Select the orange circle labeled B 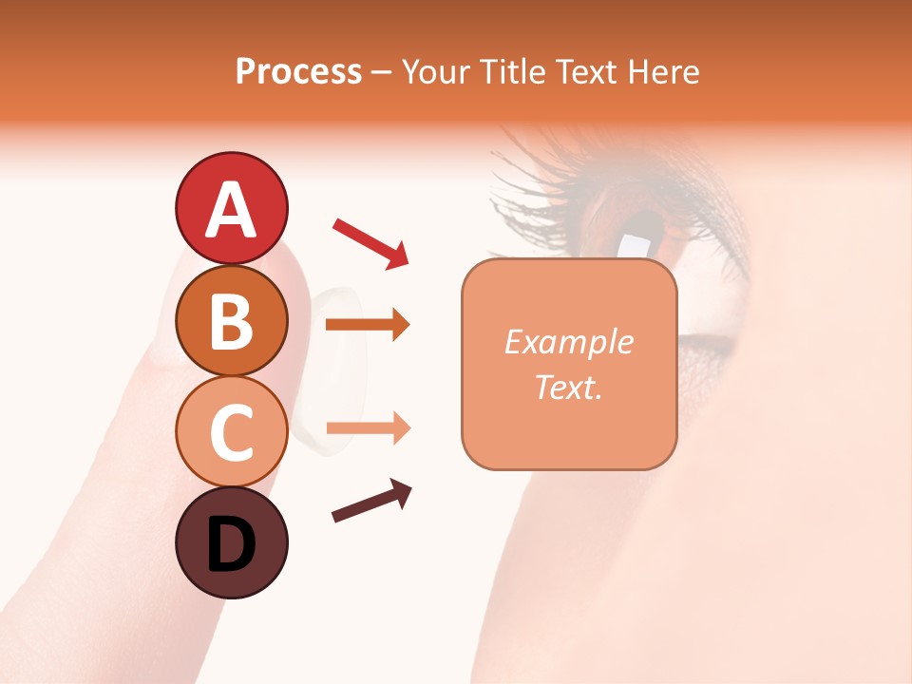point(231,321)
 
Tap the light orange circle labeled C point(231,432)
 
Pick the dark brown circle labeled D point(231,542)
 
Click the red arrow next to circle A point(370,243)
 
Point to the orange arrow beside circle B point(368,325)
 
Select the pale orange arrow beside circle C point(368,428)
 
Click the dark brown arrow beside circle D point(371,502)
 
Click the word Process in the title point(298,71)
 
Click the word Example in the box point(569,342)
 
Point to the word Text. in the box point(569,387)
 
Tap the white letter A point(231,209)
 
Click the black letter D point(231,546)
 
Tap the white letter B point(231,321)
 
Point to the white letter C point(231,432)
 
